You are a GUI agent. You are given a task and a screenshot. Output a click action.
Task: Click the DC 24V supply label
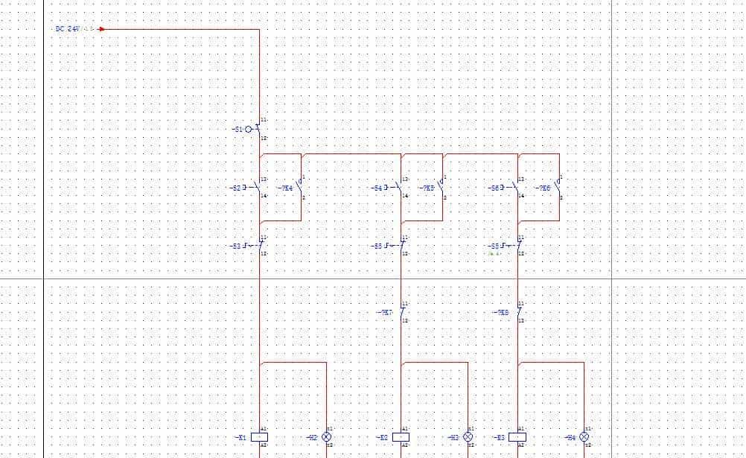point(66,29)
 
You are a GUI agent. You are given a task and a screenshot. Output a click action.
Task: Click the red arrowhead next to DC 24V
point(101,29)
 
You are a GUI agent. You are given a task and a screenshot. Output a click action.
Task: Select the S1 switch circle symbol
point(249,129)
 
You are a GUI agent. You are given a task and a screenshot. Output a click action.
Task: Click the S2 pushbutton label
point(237,188)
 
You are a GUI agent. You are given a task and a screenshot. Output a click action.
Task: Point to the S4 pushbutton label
point(377,188)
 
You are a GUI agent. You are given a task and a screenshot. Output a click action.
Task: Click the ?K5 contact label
point(427,188)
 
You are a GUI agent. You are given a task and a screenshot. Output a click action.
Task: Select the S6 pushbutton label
point(494,188)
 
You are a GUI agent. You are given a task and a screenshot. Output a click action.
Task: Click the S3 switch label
point(236,246)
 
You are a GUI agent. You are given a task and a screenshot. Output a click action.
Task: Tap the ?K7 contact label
point(386,313)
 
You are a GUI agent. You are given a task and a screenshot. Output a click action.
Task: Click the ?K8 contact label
point(503,313)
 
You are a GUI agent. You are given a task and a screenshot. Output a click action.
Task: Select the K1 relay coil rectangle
point(260,438)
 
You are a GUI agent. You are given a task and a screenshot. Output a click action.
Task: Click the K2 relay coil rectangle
point(401,438)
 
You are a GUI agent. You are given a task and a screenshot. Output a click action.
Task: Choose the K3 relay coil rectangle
point(517,438)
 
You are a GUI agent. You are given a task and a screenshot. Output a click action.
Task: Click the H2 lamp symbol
point(326,438)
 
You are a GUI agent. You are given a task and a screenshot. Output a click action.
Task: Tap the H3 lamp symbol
point(468,438)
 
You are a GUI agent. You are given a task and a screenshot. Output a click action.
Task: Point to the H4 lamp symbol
point(584,438)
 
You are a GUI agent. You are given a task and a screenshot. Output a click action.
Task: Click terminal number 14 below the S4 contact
point(405,196)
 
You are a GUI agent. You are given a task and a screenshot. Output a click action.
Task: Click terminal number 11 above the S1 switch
point(264,120)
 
